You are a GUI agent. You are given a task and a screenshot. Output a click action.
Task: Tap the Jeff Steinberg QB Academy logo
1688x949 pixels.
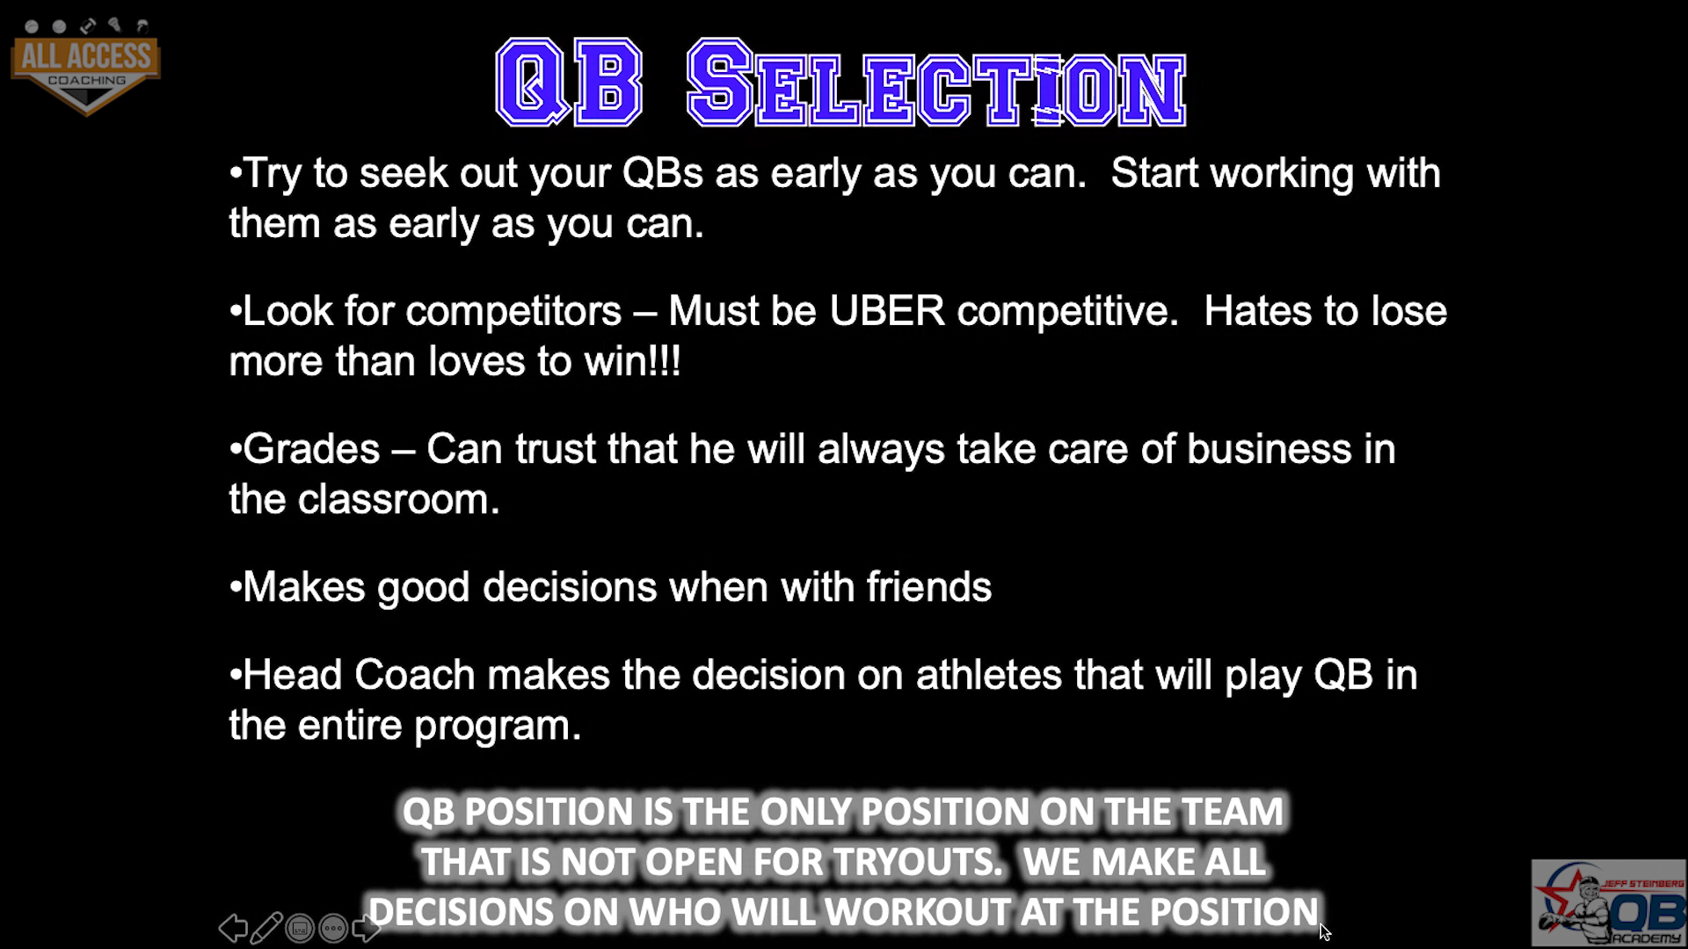point(1608,903)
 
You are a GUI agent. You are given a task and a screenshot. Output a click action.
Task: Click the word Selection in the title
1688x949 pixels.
point(937,83)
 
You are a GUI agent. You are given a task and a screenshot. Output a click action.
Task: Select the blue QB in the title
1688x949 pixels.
point(569,83)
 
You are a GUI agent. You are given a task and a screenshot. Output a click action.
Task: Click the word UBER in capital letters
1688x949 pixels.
point(887,311)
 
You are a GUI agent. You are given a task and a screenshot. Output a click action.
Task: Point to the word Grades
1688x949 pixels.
point(311,449)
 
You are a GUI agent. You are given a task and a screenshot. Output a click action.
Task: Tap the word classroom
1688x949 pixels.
point(398,499)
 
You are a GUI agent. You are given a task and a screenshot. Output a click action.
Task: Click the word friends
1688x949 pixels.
point(929,586)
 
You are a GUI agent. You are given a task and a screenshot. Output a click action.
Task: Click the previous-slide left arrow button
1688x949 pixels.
point(233,928)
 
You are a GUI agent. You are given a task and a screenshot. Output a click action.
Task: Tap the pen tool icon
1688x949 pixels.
point(266,928)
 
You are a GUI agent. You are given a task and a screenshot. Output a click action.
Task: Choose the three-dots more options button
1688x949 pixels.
point(333,928)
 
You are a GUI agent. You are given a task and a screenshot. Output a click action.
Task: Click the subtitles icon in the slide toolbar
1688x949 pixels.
point(300,928)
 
